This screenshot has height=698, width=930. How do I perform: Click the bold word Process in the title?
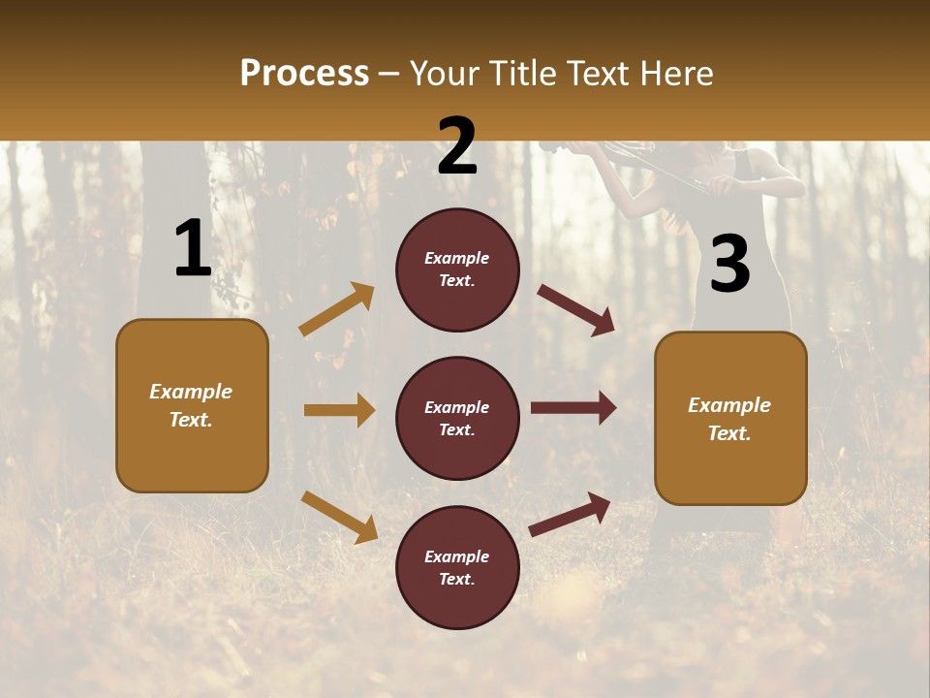304,73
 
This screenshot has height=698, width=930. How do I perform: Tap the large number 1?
192,248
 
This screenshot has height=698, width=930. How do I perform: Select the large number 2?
457,147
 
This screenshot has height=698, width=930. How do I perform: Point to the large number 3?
729,264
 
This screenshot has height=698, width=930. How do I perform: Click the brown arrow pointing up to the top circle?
337,309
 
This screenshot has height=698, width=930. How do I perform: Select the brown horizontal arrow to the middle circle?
339,410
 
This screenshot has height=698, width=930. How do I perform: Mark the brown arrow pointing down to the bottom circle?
339,517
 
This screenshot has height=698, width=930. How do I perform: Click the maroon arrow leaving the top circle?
576,309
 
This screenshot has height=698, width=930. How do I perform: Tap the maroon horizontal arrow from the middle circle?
573,408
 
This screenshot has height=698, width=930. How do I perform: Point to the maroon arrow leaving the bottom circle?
571,515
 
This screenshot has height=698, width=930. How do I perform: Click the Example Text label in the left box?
191,405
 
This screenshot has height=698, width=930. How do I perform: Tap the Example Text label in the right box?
729,419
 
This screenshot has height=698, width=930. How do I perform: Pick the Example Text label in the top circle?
456,269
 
